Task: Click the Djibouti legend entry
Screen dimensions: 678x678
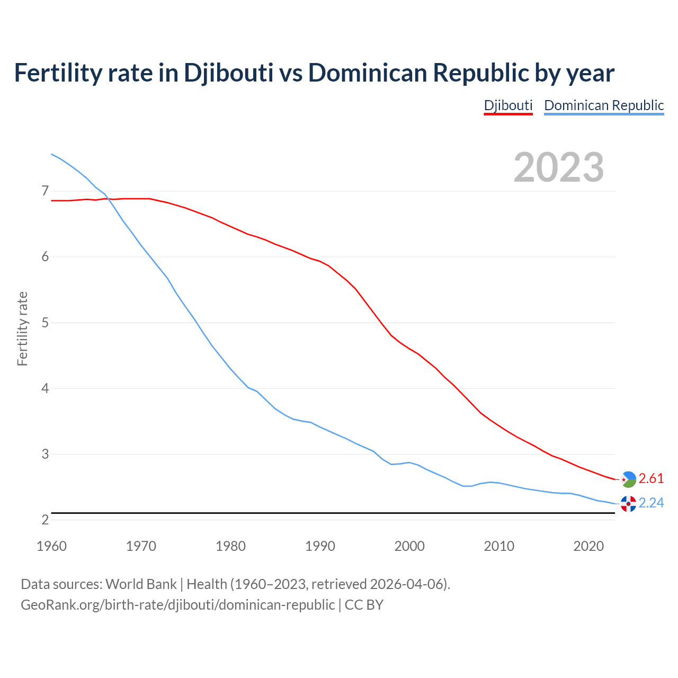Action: tap(508, 105)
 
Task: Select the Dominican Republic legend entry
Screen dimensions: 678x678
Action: tap(604, 105)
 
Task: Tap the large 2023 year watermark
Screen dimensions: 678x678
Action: tap(559, 167)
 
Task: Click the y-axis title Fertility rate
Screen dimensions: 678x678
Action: tap(22, 328)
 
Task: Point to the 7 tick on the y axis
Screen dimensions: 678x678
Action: tap(44, 191)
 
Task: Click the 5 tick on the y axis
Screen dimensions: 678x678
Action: tap(44, 323)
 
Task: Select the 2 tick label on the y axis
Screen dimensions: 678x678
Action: tap(44, 520)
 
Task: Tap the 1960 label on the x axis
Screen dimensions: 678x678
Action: tap(51, 546)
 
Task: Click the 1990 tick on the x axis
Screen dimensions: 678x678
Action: tap(320, 546)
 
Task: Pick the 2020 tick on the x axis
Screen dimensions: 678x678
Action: tap(588, 546)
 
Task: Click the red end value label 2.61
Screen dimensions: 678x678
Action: tap(651, 479)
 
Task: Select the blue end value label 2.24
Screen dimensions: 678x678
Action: tap(651, 503)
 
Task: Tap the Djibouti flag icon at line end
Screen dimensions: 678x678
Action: tap(628, 479)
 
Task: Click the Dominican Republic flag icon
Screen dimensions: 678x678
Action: tap(628, 504)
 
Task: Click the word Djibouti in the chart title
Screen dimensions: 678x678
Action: tap(228, 73)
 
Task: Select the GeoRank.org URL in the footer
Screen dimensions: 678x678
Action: tap(177, 605)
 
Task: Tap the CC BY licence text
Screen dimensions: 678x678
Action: tap(364, 605)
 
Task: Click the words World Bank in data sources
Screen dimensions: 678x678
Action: tap(141, 584)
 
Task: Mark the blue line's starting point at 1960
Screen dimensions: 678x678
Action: tap(51, 154)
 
